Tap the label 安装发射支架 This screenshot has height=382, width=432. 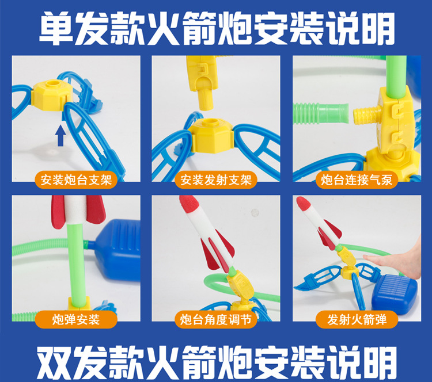pyautogui.click(x=216, y=180)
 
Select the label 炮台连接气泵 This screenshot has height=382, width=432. pyautogui.click(x=357, y=180)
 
